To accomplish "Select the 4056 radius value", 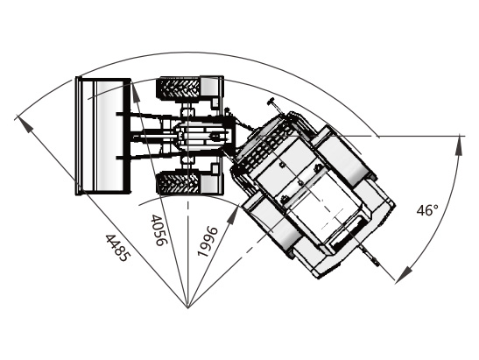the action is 159,230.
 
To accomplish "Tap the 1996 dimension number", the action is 208,242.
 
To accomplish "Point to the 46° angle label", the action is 427,210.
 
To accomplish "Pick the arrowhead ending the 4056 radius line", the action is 136,93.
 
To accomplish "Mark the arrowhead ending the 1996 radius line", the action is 234,215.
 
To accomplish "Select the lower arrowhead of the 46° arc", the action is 405,273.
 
